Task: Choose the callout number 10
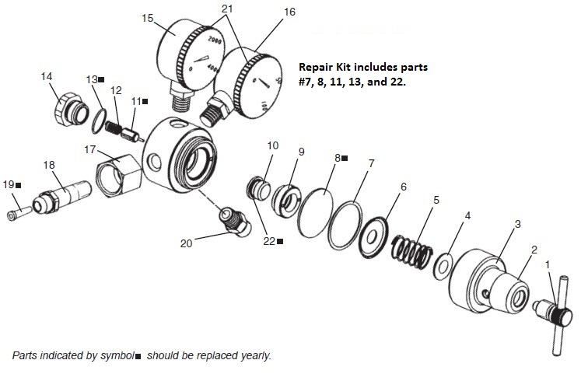tap(272, 145)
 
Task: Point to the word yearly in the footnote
tap(254, 355)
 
